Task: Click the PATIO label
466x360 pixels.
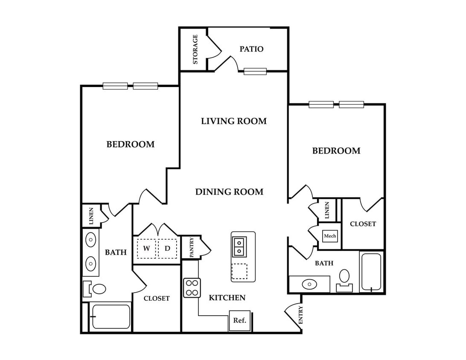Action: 251,49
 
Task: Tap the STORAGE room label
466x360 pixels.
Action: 195,49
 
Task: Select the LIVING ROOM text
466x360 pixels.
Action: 234,121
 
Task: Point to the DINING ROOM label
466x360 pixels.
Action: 229,192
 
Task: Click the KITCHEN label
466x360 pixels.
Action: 227,298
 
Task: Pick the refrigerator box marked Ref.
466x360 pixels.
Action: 239,320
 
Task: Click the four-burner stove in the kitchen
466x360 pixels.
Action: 192,288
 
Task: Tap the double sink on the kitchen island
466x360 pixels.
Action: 239,247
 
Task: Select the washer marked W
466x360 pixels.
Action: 146,248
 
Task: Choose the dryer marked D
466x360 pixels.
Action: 167,248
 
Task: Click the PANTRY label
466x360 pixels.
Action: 191,247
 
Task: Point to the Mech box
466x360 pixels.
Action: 330,236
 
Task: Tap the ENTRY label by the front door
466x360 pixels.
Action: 300,315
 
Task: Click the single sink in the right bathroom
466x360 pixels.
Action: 309,284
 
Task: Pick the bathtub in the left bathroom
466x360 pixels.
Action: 111,316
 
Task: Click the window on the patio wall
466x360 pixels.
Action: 255,71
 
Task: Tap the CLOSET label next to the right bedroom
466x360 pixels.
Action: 363,224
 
